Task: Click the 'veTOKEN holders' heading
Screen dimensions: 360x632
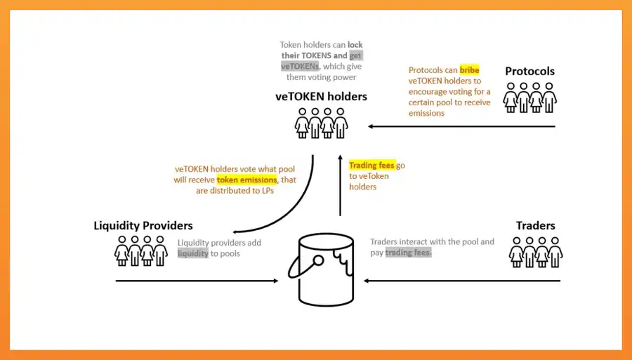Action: pos(321,97)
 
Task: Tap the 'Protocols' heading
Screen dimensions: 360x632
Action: pos(529,71)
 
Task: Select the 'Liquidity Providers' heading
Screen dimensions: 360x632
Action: pos(143,225)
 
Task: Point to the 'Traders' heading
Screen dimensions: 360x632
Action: pos(535,225)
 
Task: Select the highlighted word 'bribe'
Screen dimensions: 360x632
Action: pos(469,70)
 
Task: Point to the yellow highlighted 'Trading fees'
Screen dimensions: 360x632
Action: pos(372,166)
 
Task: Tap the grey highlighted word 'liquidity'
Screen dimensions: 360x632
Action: pos(193,253)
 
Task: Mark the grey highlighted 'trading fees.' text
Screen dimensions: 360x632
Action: pos(409,253)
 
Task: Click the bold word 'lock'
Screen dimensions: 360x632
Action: pos(355,45)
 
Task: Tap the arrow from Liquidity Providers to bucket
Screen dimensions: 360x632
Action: pos(197,281)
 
